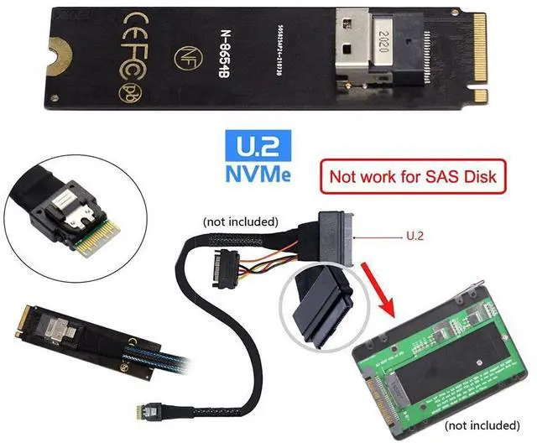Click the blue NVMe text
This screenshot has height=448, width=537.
pos(258,177)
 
